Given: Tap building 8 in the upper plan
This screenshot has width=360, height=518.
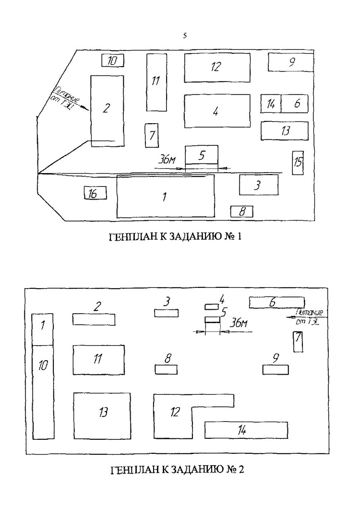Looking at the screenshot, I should point(241,211).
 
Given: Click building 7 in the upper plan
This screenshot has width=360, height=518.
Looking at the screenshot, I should point(152,135).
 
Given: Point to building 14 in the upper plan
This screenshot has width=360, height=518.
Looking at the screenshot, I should point(271,104).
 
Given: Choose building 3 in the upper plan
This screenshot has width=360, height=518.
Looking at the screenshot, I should point(259,185).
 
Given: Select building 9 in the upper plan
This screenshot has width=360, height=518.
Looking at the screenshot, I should point(290,62).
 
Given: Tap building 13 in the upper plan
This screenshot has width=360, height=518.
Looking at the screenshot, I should point(284,131).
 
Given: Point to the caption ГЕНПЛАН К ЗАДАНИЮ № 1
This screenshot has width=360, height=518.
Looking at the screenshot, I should point(175,237).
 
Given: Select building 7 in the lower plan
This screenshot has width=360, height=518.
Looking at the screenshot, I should point(298,341).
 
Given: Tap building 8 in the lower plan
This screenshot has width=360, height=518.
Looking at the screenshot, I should point(166,369).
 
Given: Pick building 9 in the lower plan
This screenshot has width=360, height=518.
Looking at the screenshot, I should point(276,369).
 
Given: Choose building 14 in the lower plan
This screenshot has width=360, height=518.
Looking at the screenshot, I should point(246,430).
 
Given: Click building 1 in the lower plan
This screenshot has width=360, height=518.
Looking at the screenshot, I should point(42,329).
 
